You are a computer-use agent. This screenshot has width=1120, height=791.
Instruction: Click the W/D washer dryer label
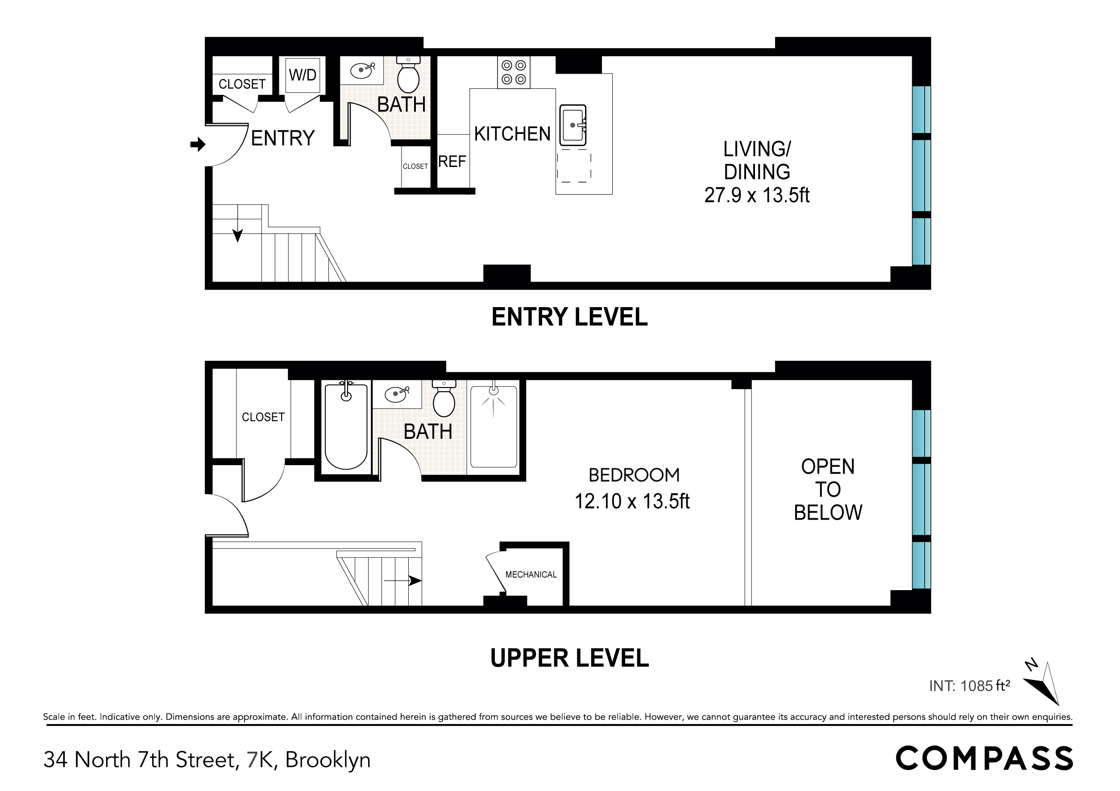pos(303,75)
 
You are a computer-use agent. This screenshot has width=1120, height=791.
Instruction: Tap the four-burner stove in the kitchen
pos(514,72)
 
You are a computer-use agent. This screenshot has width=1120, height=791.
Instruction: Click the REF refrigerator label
pos(452,161)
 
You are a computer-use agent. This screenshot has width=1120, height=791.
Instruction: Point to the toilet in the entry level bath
pos(408,75)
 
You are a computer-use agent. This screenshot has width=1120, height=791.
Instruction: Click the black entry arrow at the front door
pos(198,145)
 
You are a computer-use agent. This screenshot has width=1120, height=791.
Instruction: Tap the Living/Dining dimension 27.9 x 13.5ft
pos(757,195)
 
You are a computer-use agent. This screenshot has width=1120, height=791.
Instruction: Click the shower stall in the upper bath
pos(493,426)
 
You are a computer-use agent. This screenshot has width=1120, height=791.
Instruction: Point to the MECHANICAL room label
pos(531,575)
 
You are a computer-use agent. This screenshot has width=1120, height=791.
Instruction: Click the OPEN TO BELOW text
pos(828,489)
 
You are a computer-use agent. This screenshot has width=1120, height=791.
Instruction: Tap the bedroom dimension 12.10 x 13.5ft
pos(632,501)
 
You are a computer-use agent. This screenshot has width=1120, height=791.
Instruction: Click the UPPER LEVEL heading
pos(569,658)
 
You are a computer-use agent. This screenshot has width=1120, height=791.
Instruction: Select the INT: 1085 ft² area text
pos(969,686)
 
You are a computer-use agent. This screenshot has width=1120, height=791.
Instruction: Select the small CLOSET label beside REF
pos(415,167)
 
